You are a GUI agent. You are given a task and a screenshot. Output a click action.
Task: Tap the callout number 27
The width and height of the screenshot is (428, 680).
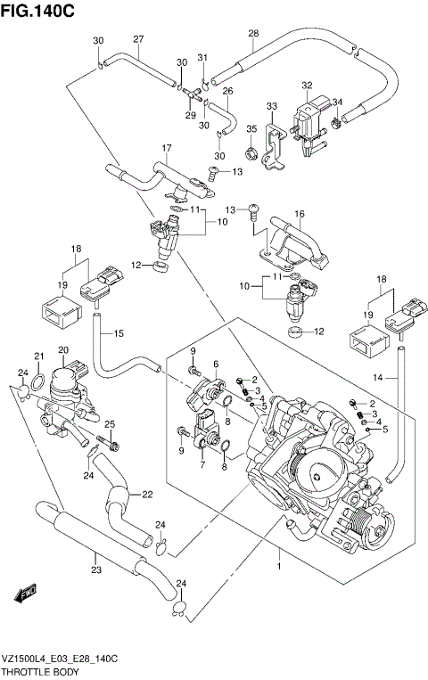138,38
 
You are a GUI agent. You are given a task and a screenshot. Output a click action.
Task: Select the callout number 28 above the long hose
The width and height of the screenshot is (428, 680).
253,33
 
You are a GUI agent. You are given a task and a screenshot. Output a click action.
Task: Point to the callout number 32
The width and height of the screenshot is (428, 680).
307,86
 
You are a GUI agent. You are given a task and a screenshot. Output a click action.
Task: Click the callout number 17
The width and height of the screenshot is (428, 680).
165,147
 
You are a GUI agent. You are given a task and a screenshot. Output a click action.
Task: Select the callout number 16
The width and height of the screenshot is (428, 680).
300,214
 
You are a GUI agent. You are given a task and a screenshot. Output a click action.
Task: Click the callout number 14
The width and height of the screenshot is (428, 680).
379,378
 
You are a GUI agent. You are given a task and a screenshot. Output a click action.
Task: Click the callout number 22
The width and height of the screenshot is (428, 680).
146,496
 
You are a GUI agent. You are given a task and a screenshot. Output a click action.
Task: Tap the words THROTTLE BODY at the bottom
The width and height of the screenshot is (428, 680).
37,668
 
